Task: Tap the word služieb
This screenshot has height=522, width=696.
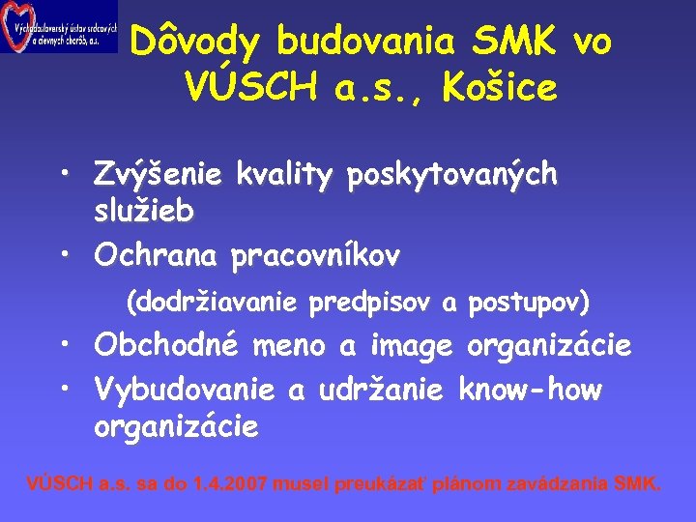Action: [x=144, y=210]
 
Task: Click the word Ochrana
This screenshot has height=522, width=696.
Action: [x=156, y=255]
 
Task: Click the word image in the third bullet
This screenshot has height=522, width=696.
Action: [x=410, y=345]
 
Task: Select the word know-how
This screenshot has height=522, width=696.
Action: [x=530, y=390]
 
